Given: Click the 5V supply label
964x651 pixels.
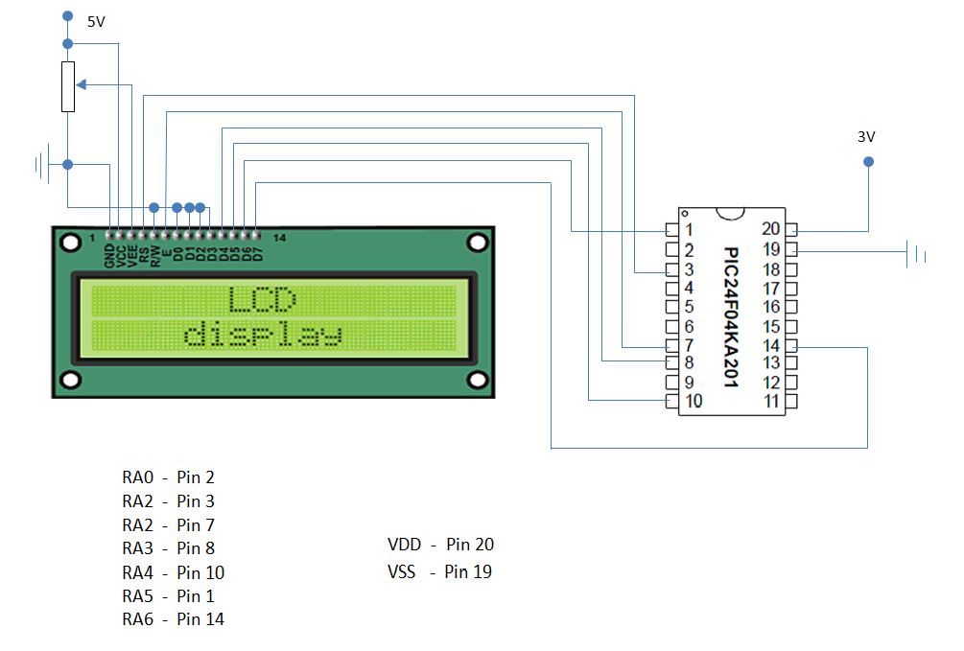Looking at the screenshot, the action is [96, 22].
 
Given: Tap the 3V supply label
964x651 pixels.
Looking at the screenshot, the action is [866, 137].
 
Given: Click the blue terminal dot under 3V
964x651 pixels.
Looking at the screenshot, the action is [868, 162].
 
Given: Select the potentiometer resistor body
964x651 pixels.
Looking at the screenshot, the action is [68, 86].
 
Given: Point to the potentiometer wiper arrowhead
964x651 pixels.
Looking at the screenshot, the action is [81, 84].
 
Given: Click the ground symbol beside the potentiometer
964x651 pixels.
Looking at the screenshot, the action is [42, 164].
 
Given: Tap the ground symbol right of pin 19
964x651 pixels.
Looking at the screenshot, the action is [916, 253].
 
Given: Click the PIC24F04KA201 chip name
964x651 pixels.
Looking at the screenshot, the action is [730, 316].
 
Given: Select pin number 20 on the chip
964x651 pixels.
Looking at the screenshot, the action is [770, 229].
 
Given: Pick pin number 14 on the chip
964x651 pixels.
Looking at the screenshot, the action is [771, 345].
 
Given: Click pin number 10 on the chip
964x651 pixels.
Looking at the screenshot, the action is [694, 401].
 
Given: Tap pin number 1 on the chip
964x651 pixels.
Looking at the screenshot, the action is [689, 230].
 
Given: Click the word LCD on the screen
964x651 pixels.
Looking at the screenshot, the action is [263, 300].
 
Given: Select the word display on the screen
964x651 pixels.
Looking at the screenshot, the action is [263, 334].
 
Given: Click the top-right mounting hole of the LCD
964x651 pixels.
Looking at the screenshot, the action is [477, 243].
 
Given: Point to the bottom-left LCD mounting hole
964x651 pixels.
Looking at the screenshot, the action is [71, 380].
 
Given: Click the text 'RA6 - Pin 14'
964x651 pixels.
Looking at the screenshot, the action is [173, 619].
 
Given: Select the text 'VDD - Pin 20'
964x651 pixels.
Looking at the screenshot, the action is [441, 544].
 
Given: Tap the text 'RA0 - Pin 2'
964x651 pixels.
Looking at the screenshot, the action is [168, 477].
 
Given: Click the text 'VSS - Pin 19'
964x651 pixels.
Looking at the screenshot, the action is [439, 571].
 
